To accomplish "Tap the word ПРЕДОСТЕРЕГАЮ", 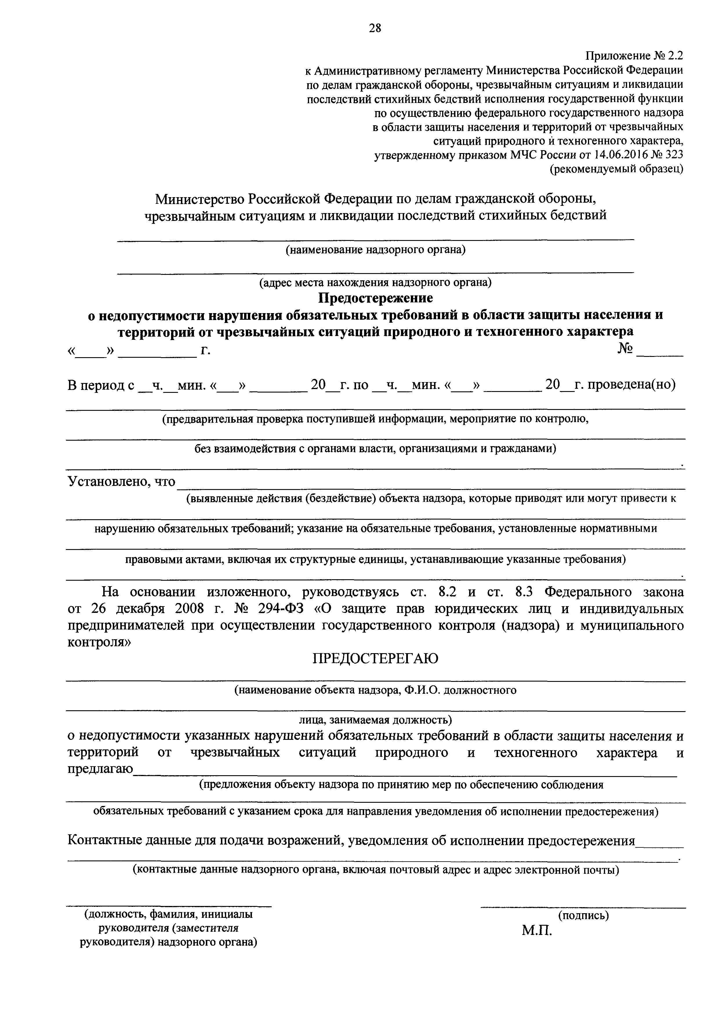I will pos(375,659).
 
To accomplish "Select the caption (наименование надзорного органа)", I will pos(375,250).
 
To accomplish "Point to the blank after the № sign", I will pos(660,352).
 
